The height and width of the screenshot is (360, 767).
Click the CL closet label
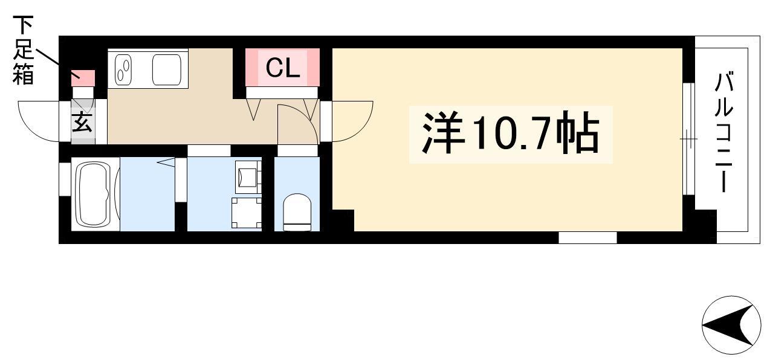(283, 68)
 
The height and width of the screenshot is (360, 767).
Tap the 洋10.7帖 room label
(511, 133)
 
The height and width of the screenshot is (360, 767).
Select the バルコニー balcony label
(724, 132)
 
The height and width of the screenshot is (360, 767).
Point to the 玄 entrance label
(83, 122)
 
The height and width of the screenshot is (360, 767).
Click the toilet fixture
(297, 212)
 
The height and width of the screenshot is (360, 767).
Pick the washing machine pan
(247, 213)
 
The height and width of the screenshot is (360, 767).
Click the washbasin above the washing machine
(247, 177)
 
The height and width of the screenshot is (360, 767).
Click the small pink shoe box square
(83, 79)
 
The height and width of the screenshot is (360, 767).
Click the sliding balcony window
(689, 138)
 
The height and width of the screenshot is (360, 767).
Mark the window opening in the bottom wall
(587, 237)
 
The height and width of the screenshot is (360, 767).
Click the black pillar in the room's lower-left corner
(343, 220)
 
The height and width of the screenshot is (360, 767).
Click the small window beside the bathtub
(65, 179)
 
